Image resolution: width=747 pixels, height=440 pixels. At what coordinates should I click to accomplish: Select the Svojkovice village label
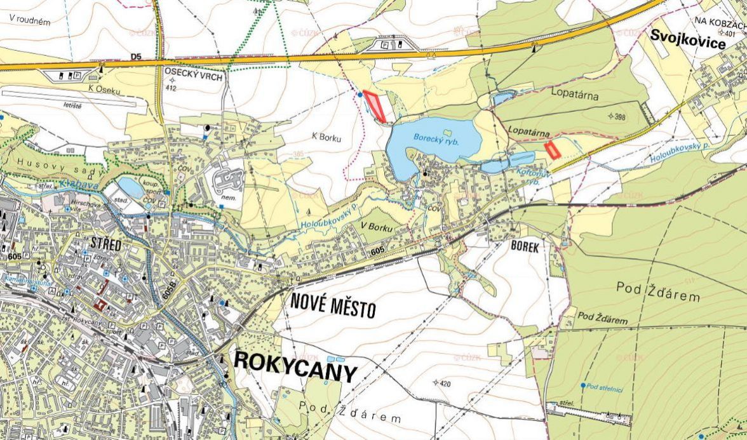(688, 43)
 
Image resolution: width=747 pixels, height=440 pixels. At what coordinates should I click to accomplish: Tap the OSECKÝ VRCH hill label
(189, 74)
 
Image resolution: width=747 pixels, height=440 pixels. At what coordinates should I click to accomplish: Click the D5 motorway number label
(135, 57)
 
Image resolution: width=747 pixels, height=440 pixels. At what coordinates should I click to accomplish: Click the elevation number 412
(170, 88)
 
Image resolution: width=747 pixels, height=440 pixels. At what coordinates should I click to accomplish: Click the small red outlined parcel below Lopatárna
(552, 150)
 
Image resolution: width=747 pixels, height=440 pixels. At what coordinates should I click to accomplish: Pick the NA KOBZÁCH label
(720, 21)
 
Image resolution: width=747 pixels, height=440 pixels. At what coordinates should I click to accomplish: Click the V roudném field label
(30, 20)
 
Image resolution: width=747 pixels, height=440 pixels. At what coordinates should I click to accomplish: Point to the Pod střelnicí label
(603, 386)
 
